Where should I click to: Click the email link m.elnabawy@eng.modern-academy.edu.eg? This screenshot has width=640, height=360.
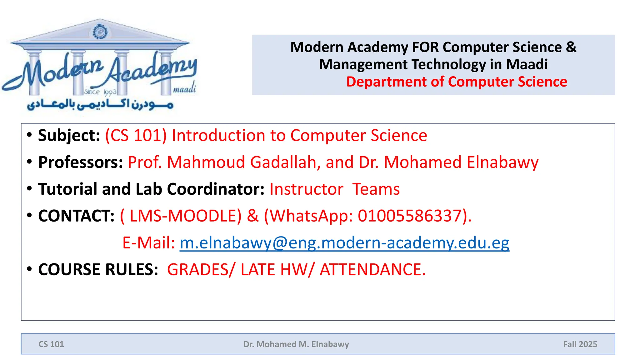[344, 243]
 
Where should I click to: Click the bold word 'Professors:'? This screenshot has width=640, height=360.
[81, 162]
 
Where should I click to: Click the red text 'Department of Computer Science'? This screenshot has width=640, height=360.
[457, 82]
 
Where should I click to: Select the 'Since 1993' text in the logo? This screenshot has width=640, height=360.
[100, 92]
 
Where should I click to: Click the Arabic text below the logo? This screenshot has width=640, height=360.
[100, 105]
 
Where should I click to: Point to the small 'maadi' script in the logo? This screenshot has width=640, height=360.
[184, 89]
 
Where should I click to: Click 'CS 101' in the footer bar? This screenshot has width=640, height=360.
[51, 344]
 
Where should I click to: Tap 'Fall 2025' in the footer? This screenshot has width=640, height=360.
[580, 344]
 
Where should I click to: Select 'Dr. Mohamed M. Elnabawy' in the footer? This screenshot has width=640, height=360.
[296, 344]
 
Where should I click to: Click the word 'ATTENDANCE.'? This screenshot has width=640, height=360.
[372, 270]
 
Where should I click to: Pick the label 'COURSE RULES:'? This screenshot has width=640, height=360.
[98, 270]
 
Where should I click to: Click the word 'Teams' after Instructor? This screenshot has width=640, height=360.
[376, 189]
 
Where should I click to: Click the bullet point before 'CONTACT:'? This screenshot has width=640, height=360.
[29, 215]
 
